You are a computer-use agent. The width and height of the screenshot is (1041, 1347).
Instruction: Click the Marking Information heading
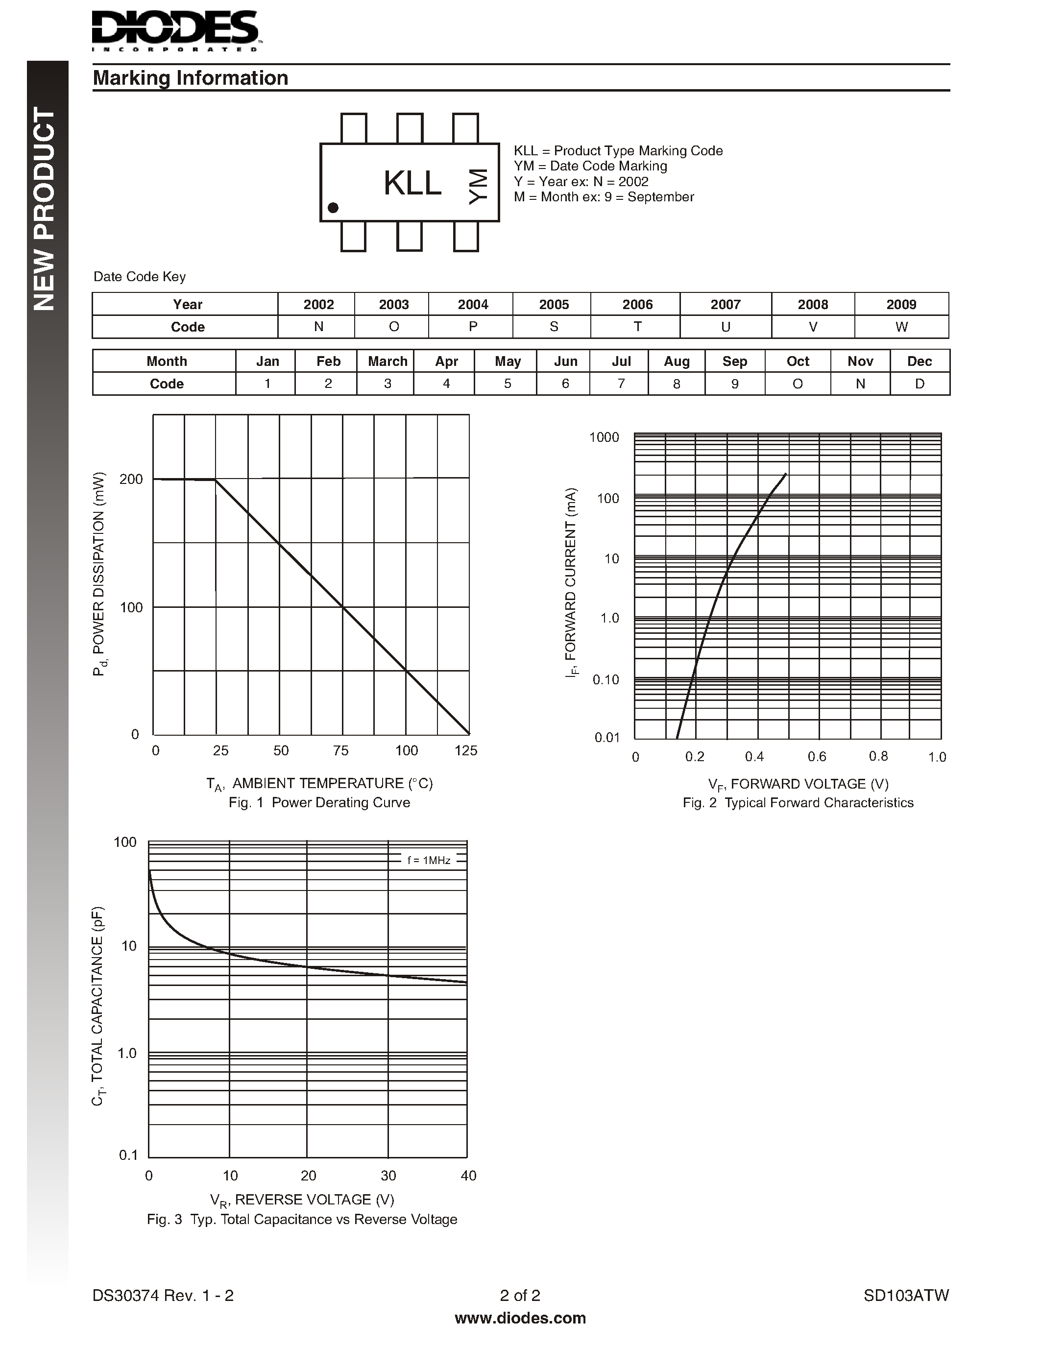point(190,78)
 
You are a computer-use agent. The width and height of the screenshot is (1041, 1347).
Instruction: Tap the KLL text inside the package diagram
point(412,183)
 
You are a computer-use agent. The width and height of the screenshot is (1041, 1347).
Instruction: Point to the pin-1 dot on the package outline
point(333,208)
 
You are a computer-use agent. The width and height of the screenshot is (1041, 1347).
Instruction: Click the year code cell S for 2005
point(553,327)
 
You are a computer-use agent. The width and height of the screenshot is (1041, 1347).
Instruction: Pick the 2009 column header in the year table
point(901,304)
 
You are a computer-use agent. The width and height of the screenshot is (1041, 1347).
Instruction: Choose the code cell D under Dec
point(919,384)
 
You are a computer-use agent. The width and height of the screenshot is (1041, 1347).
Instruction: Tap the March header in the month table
point(387,361)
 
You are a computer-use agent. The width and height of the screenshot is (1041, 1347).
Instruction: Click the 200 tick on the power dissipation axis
point(131,479)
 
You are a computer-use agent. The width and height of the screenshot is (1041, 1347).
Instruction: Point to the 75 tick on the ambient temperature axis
point(340,750)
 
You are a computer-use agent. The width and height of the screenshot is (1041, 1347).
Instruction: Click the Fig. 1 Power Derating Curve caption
point(319,802)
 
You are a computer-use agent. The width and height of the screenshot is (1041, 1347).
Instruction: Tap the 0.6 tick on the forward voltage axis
point(817,757)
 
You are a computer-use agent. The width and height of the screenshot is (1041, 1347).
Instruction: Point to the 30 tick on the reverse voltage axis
point(388,1176)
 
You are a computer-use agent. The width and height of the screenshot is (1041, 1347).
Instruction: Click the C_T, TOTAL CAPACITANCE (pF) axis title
point(98,1005)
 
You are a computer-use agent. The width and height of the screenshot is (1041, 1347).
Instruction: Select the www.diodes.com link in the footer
point(520,1318)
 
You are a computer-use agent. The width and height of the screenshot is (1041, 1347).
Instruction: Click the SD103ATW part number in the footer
point(905,1295)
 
